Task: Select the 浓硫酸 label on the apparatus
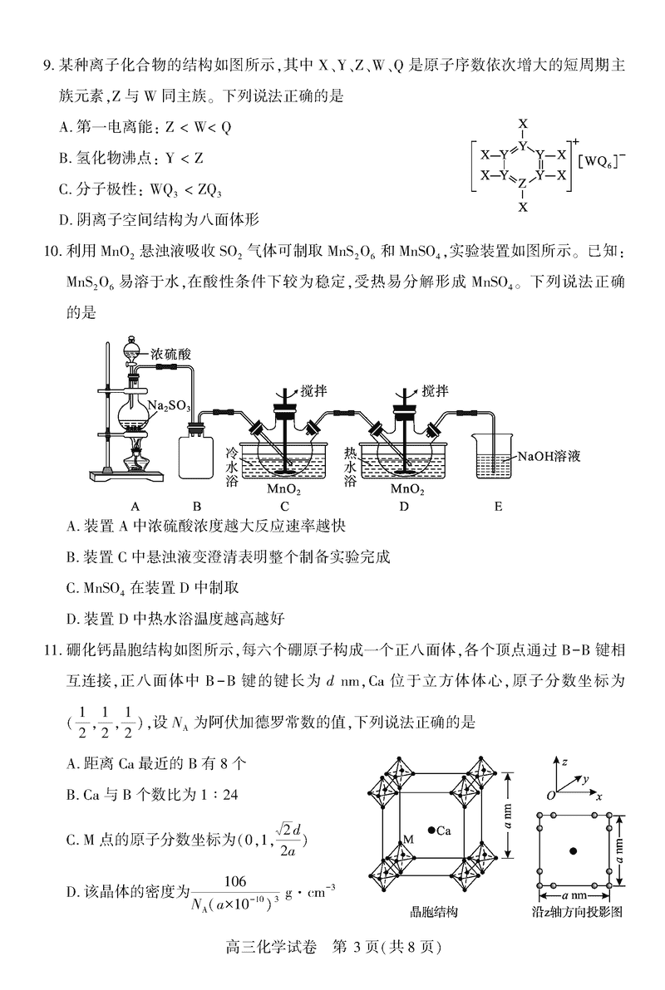coord(172,355)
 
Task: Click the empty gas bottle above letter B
coord(197,455)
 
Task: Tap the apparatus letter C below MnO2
coord(284,506)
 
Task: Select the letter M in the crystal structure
coord(408,840)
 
